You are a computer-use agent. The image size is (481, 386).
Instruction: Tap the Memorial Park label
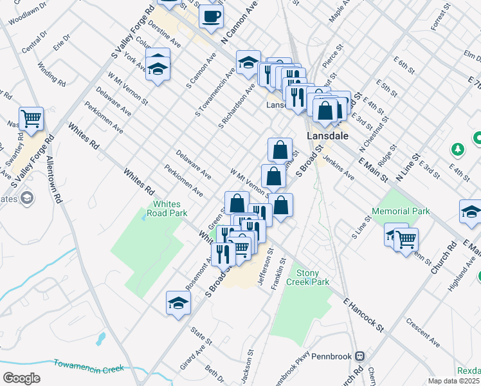click(x=400, y=211)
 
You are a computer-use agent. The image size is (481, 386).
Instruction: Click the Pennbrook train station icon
click(x=362, y=356)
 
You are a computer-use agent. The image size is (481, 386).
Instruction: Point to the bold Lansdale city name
click(x=327, y=136)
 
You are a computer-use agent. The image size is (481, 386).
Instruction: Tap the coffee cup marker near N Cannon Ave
click(x=211, y=17)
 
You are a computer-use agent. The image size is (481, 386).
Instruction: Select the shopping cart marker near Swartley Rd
click(x=31, y=118)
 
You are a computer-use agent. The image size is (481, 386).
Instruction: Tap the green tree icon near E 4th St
click(x=458, y=149)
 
